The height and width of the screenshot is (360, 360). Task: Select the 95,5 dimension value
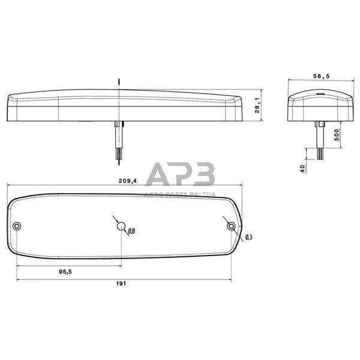(x=65, y=272)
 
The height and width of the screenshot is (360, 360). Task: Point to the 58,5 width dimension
(x=322, y=76)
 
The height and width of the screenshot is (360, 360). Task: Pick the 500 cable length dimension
(x=337, y=134)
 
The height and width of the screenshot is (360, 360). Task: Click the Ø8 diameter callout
(x=131, y=231)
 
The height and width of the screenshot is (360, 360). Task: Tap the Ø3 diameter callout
(x=248, y=238)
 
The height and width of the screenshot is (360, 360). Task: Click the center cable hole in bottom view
(x=122, y=226)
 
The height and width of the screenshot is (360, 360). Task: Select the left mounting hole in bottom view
(x=17, y=226)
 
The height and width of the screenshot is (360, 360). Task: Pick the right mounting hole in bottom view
(x=231, y=226)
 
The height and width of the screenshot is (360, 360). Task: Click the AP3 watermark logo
(x=181, y=174)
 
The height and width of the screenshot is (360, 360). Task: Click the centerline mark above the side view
(x=120, y=82)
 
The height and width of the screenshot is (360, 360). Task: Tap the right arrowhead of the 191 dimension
(x=230, y=280)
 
